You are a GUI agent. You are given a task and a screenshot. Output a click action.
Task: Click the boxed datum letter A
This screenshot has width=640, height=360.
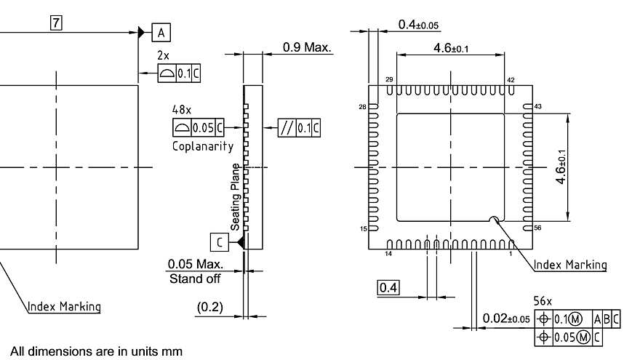[x=161, y=33]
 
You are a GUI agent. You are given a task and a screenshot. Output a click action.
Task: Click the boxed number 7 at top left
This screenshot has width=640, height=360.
[x=56, y=23]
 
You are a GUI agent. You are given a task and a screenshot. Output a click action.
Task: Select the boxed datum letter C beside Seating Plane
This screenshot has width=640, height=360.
[x=220, y=242]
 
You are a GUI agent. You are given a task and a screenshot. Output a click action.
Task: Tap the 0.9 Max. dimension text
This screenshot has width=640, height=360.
[x=307, y=47]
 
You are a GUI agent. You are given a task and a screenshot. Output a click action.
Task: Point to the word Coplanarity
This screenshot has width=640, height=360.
[x=203, y=146]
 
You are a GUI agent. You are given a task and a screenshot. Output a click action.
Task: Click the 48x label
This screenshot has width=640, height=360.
[x=181, y=109]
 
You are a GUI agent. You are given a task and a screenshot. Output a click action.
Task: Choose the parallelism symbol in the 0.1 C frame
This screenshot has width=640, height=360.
[x=287, y=128]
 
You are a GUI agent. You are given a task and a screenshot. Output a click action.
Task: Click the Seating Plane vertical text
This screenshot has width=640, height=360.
[x=235, y=197]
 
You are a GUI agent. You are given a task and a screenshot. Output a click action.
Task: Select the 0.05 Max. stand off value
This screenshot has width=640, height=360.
[x=196, y=264]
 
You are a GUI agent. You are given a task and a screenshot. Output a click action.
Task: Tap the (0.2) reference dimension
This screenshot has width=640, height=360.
[x=209, y=307]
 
